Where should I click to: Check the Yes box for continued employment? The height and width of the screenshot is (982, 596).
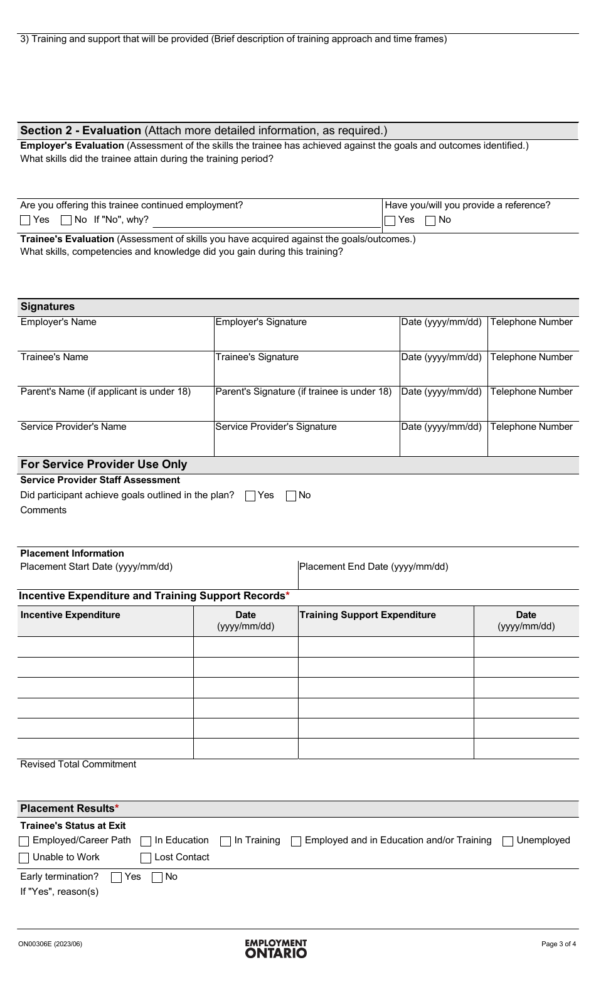coord(25,220)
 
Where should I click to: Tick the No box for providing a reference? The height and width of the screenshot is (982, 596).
coord(430,220)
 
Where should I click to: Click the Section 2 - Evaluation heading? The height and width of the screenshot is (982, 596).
coord(81,131)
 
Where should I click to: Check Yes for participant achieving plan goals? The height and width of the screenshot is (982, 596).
coord(250,496)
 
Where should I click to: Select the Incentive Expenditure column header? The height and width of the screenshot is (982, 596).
coord(70,615)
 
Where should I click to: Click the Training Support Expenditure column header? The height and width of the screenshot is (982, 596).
coord(368,615)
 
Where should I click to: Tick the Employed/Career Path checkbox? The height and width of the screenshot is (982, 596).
coord(24,841)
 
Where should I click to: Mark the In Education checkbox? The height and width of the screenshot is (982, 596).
coord(146,841)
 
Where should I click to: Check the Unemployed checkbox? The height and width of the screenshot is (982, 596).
coord(508,841)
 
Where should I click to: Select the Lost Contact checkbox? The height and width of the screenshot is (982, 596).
coord(146,858)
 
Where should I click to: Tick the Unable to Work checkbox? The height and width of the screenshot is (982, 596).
coord(24,858)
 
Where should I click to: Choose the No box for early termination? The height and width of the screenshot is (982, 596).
coord(157,877)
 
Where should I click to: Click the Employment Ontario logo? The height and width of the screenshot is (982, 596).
coord(276,948)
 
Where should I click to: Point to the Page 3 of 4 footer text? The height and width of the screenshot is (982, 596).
coord(558,944)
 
